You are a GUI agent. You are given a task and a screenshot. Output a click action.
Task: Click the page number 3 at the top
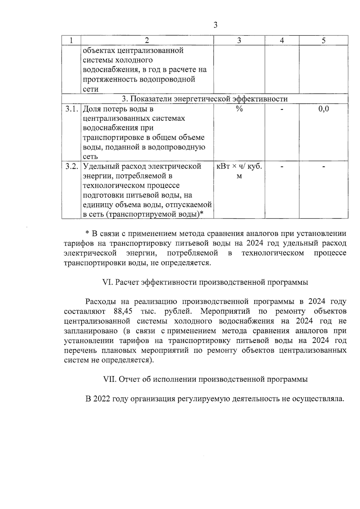pyautogui.click(x=215, y=25)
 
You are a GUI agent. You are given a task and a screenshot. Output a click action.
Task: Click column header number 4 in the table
pyautogui.click(x=282, y=40)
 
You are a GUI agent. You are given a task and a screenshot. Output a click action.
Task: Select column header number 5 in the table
pyautogui.click(x=323, y=40)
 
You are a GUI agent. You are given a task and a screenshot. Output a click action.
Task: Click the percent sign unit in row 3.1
pyautogui.click(x=239, y=109)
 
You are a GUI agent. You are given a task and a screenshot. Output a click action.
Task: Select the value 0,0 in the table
pyautogui.click(x=323, y=109)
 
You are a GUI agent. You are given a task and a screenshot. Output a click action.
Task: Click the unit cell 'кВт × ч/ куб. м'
pyautogui.click(x=239, y=171)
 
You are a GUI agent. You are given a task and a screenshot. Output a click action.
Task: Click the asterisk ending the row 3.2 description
pyautogui.click(x=202, y=214)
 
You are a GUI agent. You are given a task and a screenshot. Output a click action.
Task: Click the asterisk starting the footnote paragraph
pyautogui.click(x=87, y=233)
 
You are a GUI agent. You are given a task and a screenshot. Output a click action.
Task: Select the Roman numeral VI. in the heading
pyautogui.click(x=107, y=282)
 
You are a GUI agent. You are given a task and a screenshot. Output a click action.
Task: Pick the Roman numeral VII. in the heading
pyautogui.click(x=109, y=379)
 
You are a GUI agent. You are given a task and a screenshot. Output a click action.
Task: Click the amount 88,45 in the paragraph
pyautogui.click(x=123, y=311)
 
